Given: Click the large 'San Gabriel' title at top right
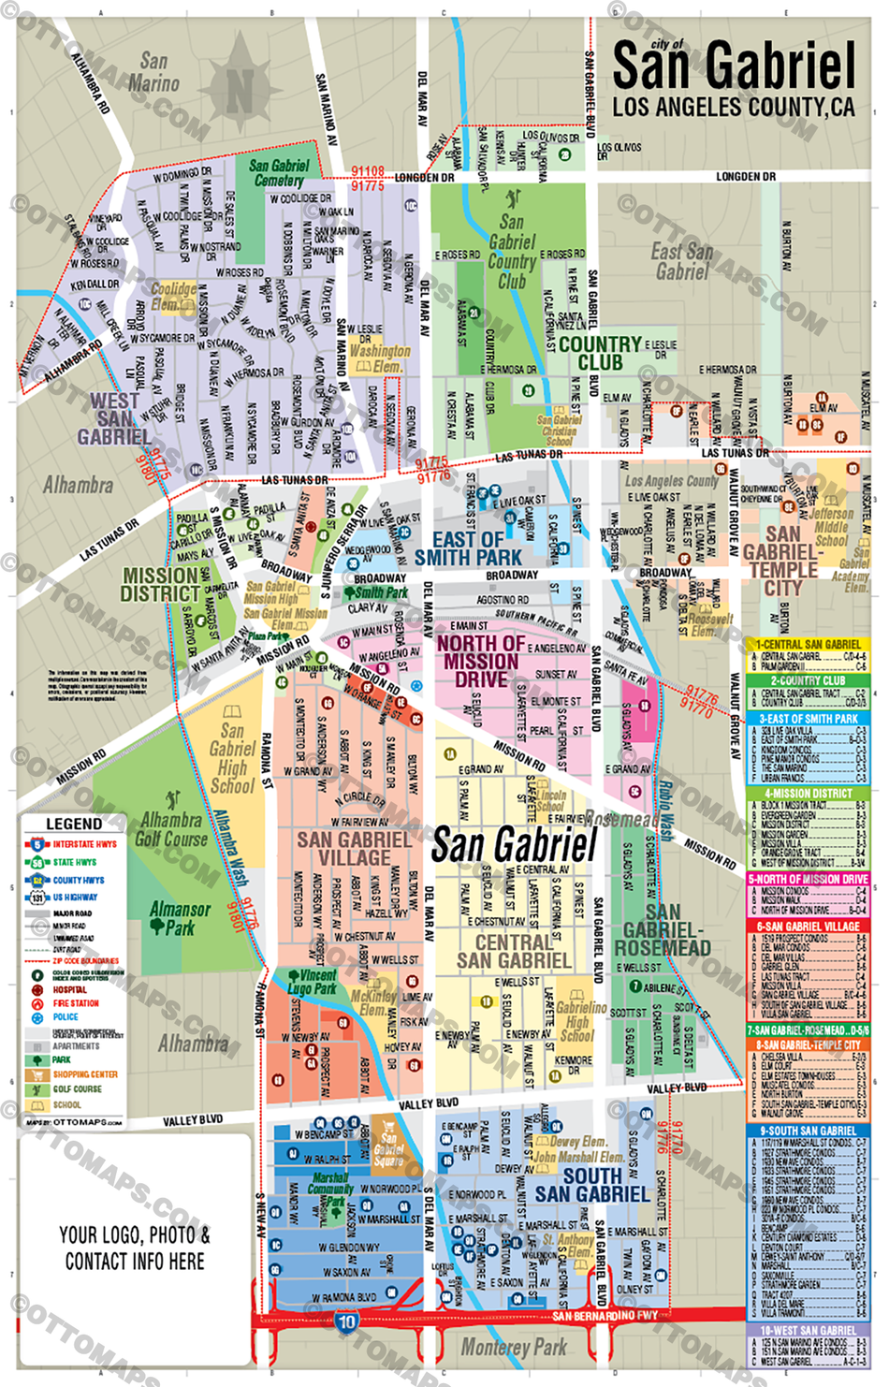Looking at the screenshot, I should (x=734, y=66).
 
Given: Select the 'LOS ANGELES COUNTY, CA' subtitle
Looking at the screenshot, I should (x=734, y=108).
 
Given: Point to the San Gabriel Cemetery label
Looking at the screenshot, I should (x=279, y=172).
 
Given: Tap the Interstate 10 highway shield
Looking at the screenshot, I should (x=346, y=1322).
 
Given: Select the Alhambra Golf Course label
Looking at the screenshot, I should (x=171, y=829).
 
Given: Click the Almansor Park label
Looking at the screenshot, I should (x=180, y=918).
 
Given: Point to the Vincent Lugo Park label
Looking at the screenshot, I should (x=312, y=982).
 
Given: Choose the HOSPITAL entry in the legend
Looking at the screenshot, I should (x=69, y=989).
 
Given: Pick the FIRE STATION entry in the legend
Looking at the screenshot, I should (x=75, y=1003).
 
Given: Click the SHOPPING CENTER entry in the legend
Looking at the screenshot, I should (x=84, y=1074).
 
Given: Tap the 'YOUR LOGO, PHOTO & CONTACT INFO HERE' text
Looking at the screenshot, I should (x=135, y=1248).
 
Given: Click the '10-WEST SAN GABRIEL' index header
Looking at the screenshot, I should (x=809, y=1330).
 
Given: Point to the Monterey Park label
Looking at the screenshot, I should (x=514, y=1348).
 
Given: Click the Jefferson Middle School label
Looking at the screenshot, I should (x=831, y=527).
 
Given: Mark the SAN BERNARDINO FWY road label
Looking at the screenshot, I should (x=605, y=1316).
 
